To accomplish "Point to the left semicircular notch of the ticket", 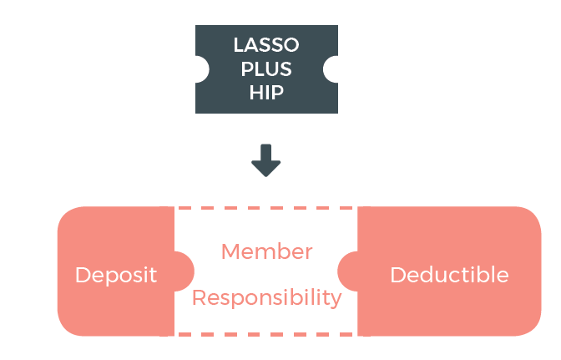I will click(x=201, y=69).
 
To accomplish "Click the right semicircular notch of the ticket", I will click(x=331, y=69).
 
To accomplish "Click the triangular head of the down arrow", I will click(x=266, y=167).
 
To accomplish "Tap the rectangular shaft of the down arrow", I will click(x=266, y=151).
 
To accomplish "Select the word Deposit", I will click(x=116, y=275).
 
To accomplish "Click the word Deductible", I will click(x=449, y=275).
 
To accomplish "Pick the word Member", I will click(x=266, y=251).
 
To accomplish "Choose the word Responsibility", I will click(x=266, y=297).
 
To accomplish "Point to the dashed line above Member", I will click(x=266, y=208).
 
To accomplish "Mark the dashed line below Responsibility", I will click(x=266, y=334).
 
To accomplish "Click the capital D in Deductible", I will click(x=397, y=275).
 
